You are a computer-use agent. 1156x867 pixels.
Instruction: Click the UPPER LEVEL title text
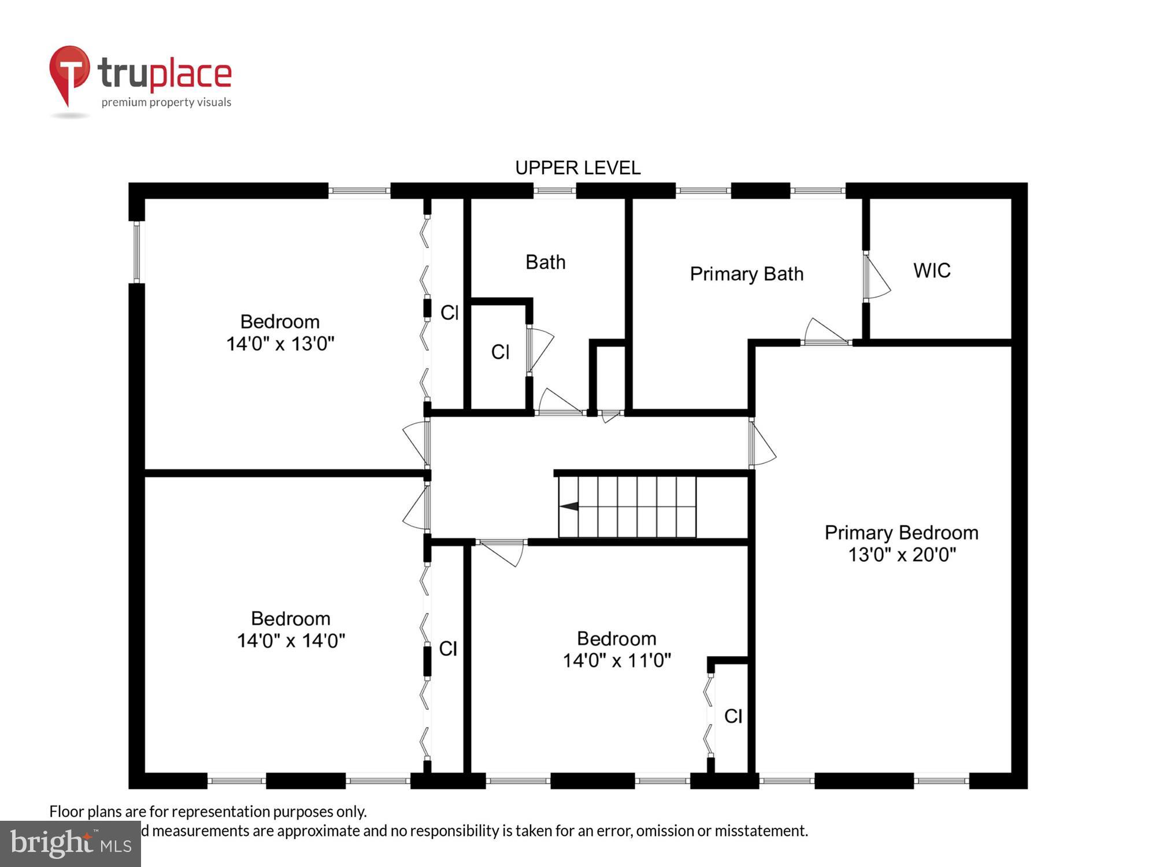[x=577, y=168]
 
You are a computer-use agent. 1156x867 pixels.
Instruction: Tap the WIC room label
[x=932, y=271]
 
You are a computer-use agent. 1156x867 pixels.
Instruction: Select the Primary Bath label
[x=746, y=273]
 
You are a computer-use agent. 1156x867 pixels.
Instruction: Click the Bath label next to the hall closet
[x=545, y=262]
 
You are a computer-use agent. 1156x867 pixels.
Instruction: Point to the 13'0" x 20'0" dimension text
[x=902, y=555]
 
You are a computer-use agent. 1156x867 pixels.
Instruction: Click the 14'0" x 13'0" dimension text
[x=280, y=344]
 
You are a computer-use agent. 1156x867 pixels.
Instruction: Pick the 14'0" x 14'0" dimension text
[x=291, y=640]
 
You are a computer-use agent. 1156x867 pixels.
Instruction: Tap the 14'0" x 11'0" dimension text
[x=617, y=660]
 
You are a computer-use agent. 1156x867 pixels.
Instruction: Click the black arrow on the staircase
[x=569, y=506]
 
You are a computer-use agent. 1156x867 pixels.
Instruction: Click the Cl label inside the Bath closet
[x=500, y=352]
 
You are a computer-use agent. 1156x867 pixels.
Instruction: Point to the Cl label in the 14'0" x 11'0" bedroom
[x=733, y=716]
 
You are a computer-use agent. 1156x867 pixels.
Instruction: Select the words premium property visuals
[x=166, y=102]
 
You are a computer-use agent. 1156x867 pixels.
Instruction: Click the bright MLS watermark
[x=70, y=843]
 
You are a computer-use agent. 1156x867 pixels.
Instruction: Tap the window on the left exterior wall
[x=137, y=252]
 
